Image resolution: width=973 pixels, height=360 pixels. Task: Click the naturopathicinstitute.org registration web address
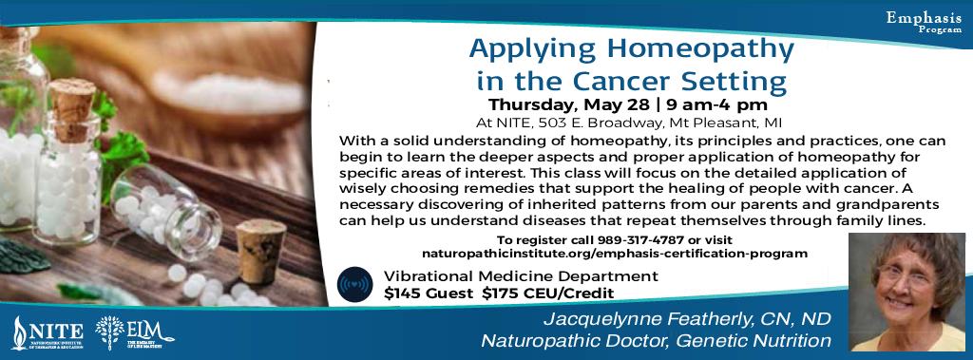point(615,254)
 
